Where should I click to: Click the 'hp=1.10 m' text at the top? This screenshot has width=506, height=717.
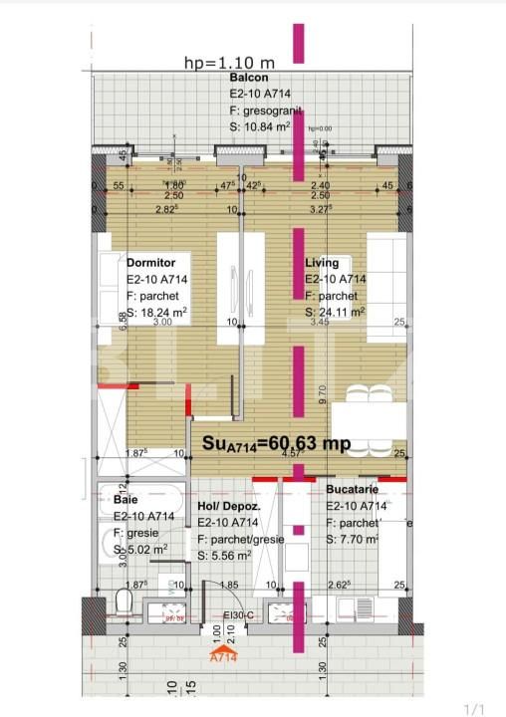(x=229, y=63)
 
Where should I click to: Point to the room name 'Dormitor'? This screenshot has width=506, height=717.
(x=151, y=262)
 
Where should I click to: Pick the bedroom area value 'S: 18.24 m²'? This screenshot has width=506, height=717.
(x=157, y=311)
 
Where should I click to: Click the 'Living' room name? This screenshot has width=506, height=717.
(x=323, y=262)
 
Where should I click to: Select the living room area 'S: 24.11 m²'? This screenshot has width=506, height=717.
(x=335, y=311)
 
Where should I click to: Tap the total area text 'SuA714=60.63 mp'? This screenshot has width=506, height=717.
(x=276, y=444)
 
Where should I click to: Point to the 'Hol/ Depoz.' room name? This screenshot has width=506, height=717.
(x=229, y=506)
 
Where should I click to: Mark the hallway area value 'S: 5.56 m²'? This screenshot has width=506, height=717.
(x=230, y=556)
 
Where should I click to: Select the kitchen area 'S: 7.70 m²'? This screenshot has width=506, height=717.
(x=353, y=539)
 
